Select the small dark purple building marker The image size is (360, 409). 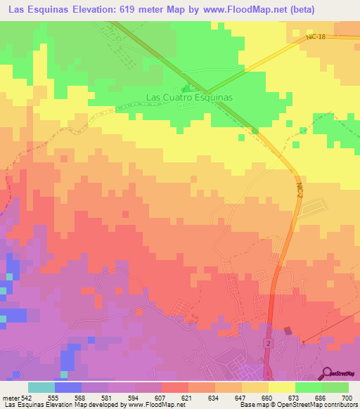pyautogui.click(x=288, y=331)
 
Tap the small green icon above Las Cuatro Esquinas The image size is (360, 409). pyautogui.click(x=186, y=89)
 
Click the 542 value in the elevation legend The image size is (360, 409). pyautogui.click(x=26, y=396)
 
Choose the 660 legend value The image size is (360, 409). pyautogui.click(x=268, y=396)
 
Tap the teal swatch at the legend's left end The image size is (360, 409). pyautogui.click(x=41, y=387)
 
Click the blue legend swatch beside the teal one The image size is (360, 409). pyautogui.click(x=67, y=387)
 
